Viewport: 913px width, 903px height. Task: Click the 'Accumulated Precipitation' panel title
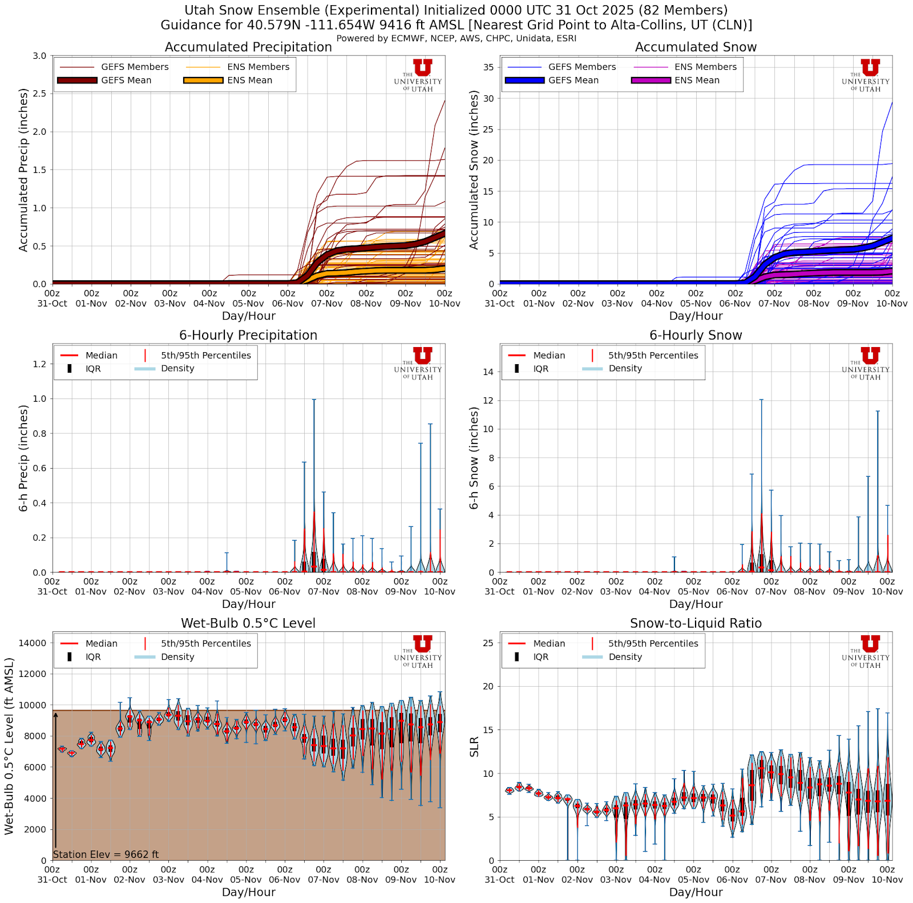pos(248,47)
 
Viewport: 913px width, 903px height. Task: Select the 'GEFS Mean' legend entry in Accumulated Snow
pos(573,80)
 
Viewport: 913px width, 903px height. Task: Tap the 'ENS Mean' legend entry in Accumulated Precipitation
pos(249,80)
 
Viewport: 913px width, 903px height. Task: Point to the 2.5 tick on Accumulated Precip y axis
pos(39,94)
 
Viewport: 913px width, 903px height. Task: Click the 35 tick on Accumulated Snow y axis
pos(488,67)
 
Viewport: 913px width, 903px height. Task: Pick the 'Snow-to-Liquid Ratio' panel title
pos(696,623)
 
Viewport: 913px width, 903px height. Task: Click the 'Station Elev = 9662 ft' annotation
pos(106,854)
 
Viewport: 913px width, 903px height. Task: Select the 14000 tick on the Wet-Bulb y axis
pos(33,643)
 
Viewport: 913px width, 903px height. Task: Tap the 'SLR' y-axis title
pos(474,747)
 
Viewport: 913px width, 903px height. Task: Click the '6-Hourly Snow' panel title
pos(696,335)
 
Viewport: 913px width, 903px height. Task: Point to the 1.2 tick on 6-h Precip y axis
pos(39,364)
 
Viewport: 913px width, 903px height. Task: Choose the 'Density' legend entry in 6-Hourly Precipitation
pos(177,369)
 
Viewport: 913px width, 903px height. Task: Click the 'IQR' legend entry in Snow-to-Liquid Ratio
pos(540,657)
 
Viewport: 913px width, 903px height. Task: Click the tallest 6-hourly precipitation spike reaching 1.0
pos(314,401)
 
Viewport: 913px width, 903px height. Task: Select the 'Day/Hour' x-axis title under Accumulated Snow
pos(696,316)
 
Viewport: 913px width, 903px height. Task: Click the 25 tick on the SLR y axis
pos(488,643)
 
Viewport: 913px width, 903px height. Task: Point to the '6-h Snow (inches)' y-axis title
pos(474,458)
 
